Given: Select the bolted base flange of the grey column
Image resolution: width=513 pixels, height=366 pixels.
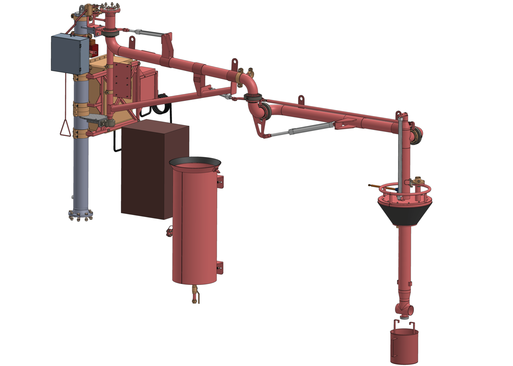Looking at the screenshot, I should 81,214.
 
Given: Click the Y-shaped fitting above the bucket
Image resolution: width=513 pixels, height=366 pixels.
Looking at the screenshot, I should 404,309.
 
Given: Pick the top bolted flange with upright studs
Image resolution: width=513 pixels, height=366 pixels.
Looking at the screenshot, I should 110,10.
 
